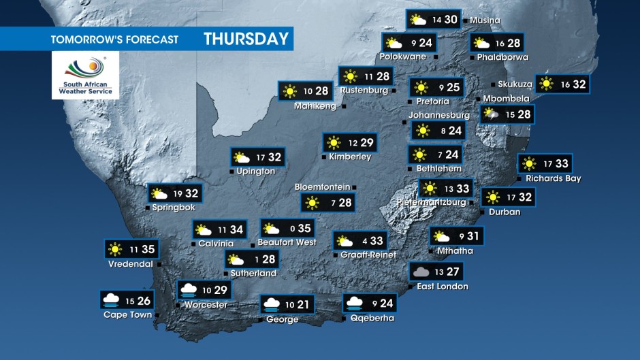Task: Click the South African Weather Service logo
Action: coord(85,76)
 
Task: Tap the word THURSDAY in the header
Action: coord(246,39)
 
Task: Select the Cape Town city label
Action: coord(127,314)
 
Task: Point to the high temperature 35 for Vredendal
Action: coord(148,249)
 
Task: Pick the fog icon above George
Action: coord(272,304)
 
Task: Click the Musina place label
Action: coord(485,20)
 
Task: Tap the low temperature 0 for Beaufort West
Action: coord(291,229)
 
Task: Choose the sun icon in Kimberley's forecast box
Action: coord(333,143)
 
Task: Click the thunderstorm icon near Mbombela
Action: coord(490,114)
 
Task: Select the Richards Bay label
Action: coord(553,178)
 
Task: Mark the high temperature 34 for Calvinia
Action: coord(236,230)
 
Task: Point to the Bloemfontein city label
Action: coord(322,186)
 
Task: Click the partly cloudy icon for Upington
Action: coord(242,158)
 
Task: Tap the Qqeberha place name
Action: coord(372,318)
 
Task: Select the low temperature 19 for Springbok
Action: coord(178,194)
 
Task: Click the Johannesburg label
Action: coord(439,115)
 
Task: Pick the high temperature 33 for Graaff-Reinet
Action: coord(377,240)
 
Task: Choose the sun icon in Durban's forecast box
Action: coord(492,197)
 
